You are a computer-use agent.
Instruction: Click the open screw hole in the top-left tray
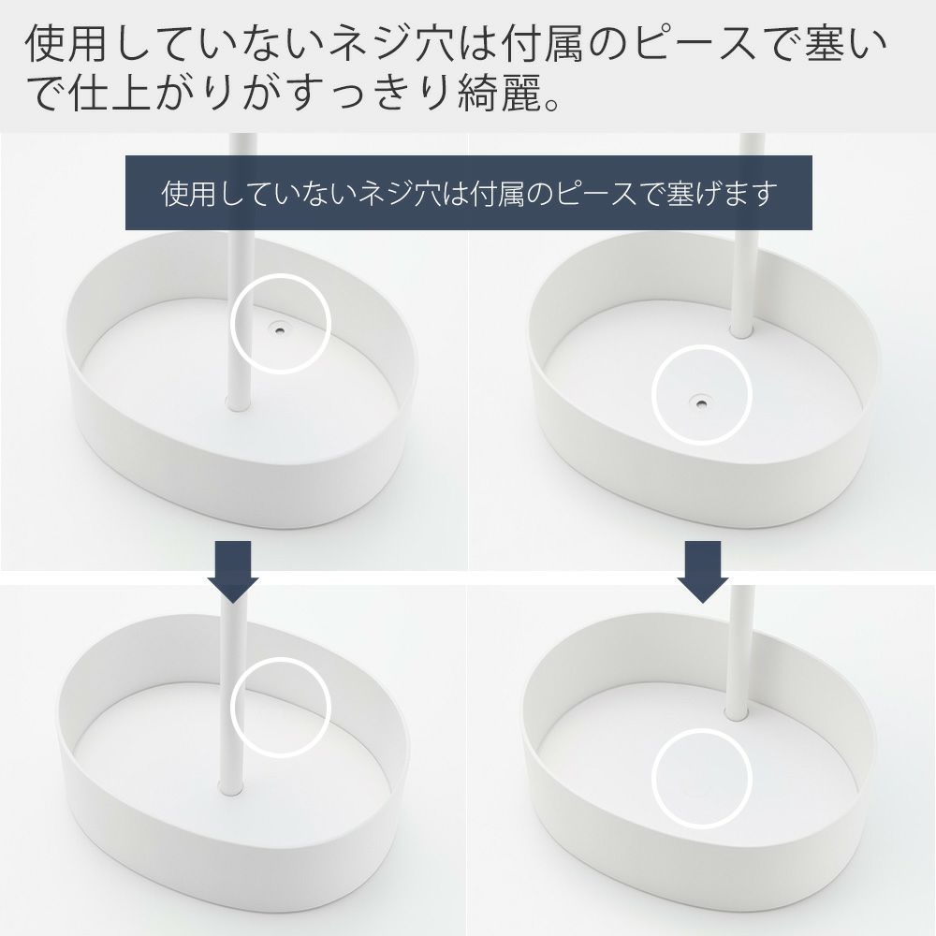point(279,327)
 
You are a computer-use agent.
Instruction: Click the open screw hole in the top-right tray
point(699,402)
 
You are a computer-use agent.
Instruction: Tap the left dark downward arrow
point(233,571)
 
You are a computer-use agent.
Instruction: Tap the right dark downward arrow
point(703,571)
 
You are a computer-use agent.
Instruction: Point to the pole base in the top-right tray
point(741,330)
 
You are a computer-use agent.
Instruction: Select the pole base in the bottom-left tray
point(230,786)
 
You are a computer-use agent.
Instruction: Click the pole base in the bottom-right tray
point(738,711)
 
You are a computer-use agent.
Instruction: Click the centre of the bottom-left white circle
point(281,708)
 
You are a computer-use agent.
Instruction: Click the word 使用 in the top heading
point(66,45)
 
